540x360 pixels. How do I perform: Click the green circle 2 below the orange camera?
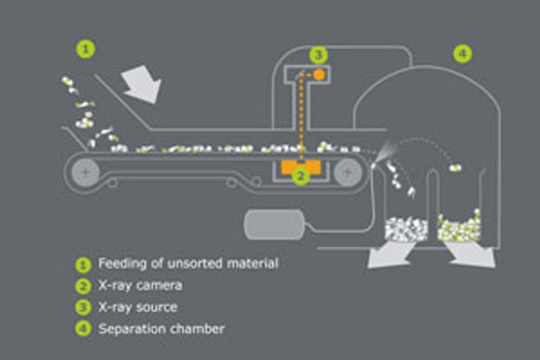(x=301, y=176)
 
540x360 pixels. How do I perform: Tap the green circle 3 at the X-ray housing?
(x=319, y=55)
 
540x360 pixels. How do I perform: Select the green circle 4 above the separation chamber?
(x=462, y=54)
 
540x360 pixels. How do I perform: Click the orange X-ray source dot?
(x=319, y=74)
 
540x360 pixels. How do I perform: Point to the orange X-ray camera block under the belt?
(x=301, y=166)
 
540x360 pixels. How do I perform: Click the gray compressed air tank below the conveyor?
(x=274, y=224)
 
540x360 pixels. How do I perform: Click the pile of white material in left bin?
(x=406, y=229)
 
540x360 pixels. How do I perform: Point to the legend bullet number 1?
(x=83, y=264)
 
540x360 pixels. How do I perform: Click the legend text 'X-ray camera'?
(x=140, y=286)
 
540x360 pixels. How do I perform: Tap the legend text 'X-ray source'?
(x=137, y=307)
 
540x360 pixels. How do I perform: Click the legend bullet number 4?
(x=83, y=329)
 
